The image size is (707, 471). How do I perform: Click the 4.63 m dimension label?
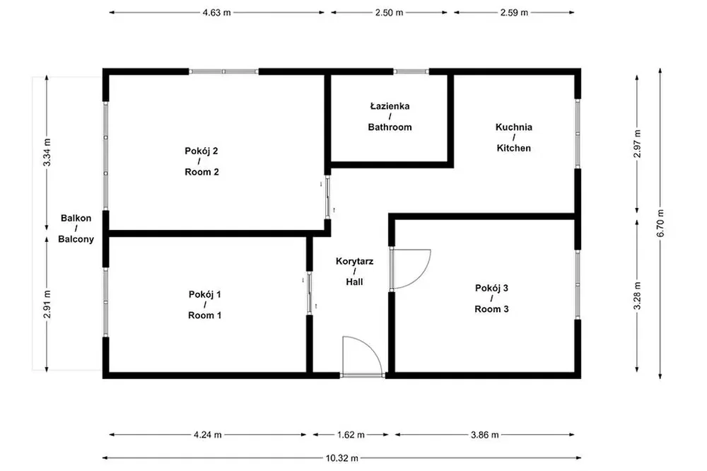tap(216, 13)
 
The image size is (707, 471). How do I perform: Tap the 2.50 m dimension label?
tap(389, 13)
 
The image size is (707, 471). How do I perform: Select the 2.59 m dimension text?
tap(514, 13)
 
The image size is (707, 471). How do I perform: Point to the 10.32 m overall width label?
tap(342, 458)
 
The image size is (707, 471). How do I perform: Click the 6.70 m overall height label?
tap(660, 223)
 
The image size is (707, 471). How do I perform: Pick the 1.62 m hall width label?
tap(351, 435)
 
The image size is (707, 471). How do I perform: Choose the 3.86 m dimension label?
tap(485, 435)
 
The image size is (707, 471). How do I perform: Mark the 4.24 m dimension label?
tap(208, 435)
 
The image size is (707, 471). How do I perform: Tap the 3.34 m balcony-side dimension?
tap(47, 153)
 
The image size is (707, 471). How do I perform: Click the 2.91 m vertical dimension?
tap(47, 304)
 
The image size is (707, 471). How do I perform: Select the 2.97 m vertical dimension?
tap(637, 144)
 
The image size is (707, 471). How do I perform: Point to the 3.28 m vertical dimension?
tap(637, 296)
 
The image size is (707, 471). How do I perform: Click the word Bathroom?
tap(390, 127)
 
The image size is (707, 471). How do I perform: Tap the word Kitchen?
tap(513, 148)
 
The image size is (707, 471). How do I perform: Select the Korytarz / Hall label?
tap(355, 271)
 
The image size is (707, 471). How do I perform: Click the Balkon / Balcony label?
tap(76, 228)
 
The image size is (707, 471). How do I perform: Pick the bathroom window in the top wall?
tap(411, 71)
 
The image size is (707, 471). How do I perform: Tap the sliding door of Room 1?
tap(310, 293)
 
